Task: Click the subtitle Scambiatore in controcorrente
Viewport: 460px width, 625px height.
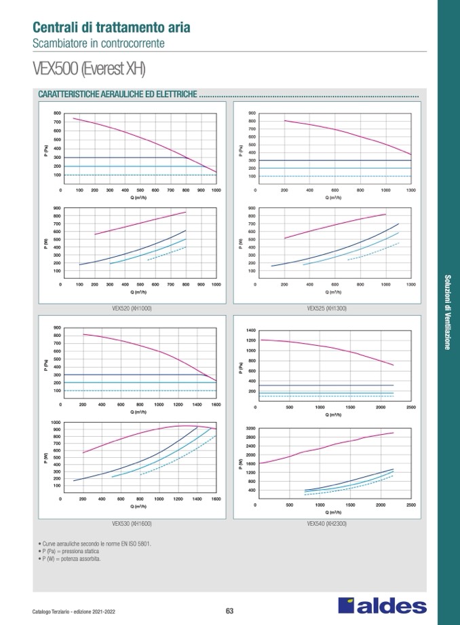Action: tap(98, 43)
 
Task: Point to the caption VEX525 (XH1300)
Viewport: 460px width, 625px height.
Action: tap(326, 308)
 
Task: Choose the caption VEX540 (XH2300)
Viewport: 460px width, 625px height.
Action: tap(326, 524)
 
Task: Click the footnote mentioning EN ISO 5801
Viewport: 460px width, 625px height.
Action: tap(96, 544)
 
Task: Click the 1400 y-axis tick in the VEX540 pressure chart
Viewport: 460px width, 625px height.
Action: tap(251, 329)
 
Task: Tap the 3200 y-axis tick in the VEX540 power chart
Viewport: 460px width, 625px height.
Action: tap(250, 429)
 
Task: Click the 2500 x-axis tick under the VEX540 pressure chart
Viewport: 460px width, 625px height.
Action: tap(410, 407)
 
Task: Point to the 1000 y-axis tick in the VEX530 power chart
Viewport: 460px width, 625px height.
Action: tap(56, 423)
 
